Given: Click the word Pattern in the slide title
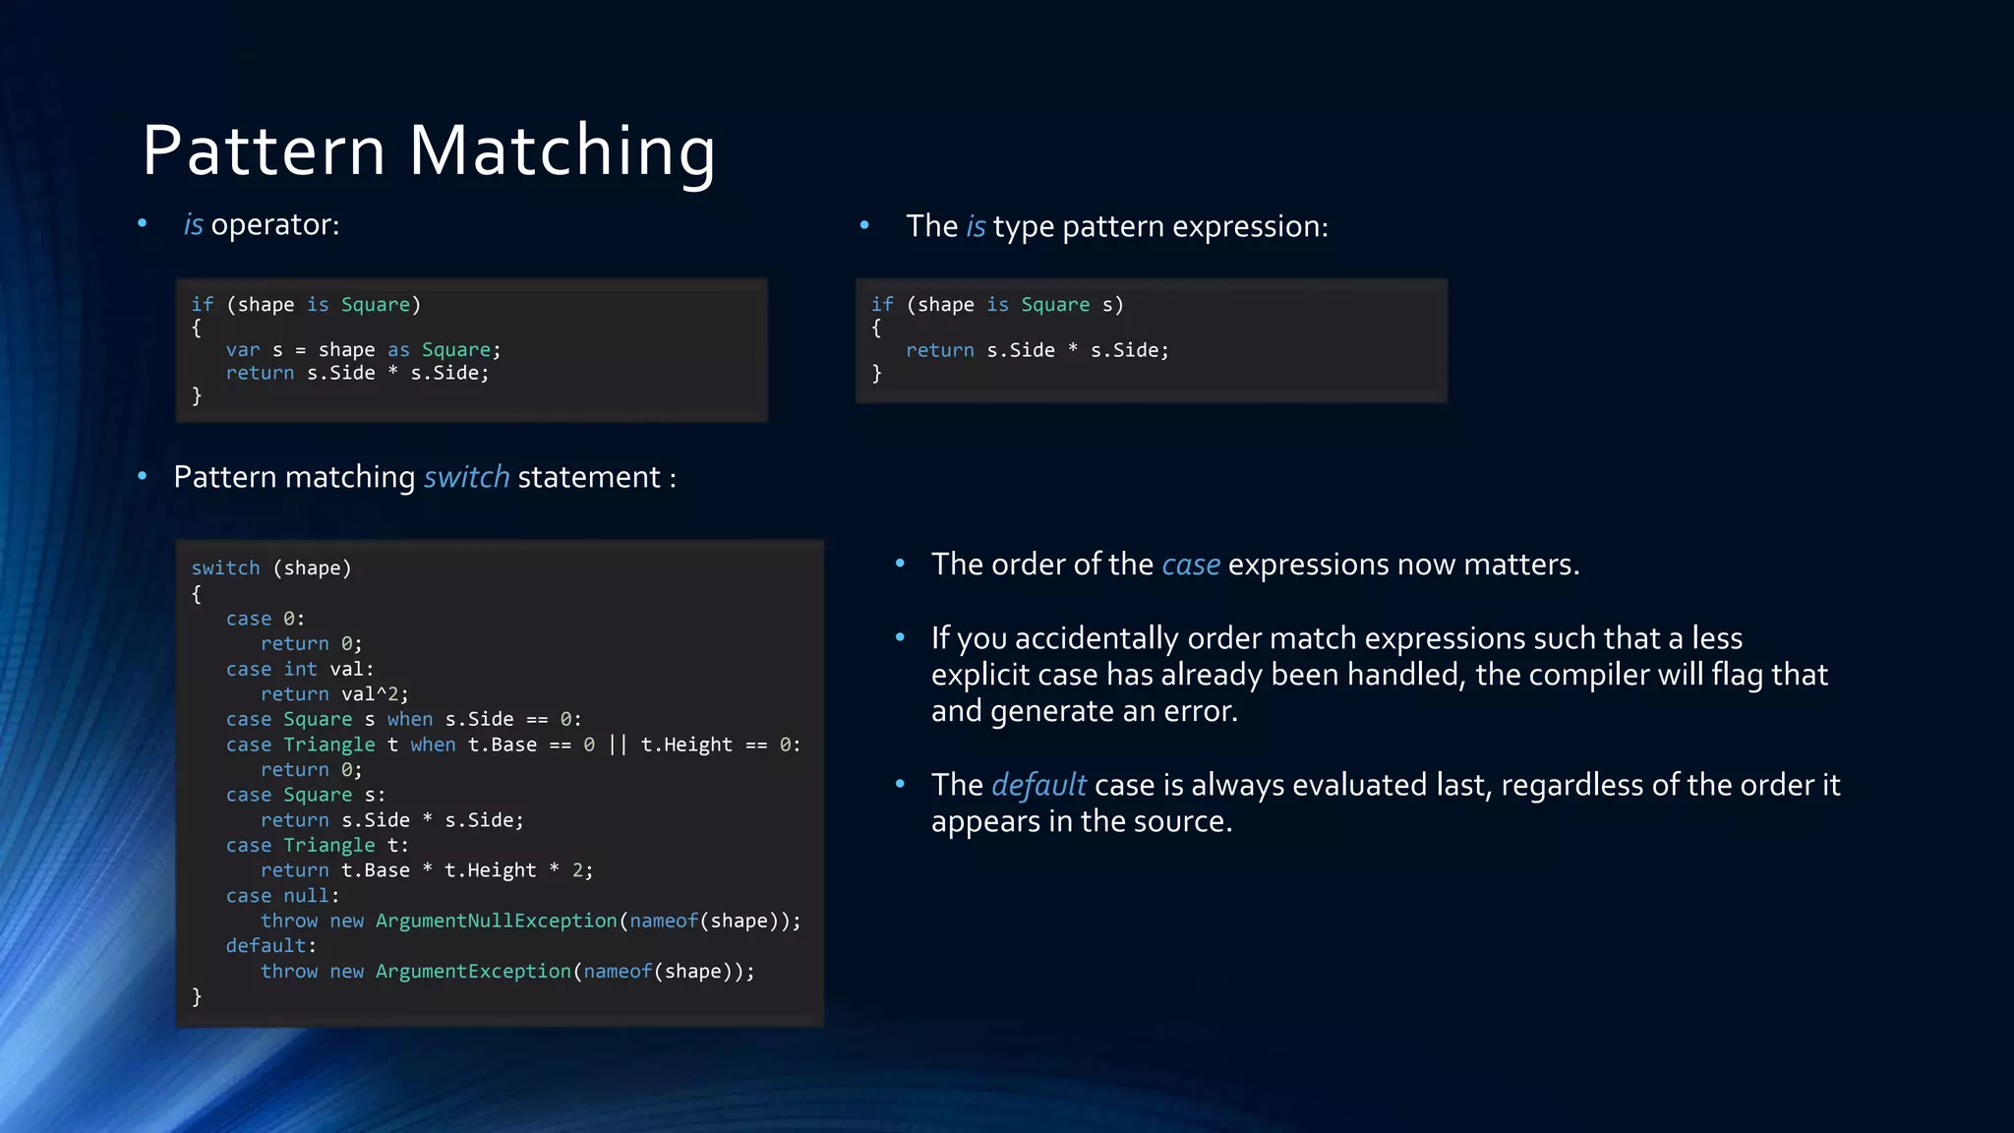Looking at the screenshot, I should (264, 151).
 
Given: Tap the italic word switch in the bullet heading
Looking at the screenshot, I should (466, 477).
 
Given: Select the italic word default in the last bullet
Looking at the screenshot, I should (1038, 785).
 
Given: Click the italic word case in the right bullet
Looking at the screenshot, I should (1191, 565).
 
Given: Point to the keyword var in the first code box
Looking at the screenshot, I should (243, 350).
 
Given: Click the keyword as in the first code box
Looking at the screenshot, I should (398, 350).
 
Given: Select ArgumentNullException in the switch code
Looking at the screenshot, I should (496, 921).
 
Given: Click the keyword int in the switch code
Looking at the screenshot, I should (300, 669).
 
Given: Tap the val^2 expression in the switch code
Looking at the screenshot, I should (374, 694).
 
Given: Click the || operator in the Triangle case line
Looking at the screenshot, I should (618, 745).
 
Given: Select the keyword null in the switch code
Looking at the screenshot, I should (306, 896).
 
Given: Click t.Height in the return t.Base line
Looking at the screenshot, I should (490, 870).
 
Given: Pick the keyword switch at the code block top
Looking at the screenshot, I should (225, 568).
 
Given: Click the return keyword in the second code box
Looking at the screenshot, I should (939, 351).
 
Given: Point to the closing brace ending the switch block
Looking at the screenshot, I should (197, 996).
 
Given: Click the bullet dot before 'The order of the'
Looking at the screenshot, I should (900, 564).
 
